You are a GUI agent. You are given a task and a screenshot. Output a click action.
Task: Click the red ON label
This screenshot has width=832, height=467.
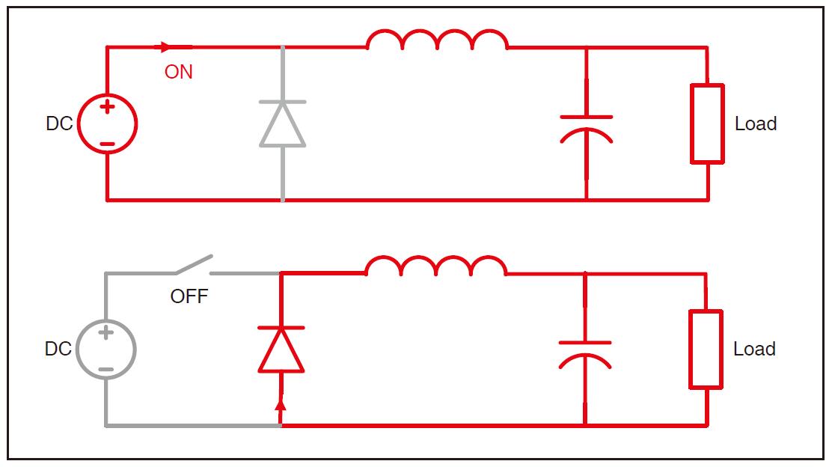coord(179,72)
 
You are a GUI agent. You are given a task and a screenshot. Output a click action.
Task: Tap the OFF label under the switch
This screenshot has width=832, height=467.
coord(189,296)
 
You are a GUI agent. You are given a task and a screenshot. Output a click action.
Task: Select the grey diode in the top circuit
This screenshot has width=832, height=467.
coord(282,123)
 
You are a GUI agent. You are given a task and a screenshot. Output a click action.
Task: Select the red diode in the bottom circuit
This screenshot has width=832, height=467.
coord(281,350)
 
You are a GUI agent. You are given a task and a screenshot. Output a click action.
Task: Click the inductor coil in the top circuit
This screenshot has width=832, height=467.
coord(437,40)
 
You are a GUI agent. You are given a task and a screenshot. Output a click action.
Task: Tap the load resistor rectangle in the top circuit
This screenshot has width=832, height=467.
coord(707,123)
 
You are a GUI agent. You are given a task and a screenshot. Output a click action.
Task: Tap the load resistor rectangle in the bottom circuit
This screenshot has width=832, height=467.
coord(706,350)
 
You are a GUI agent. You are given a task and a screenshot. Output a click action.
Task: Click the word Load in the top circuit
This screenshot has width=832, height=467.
coord(756,123)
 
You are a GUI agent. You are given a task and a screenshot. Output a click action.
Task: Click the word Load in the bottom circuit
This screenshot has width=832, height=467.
coord(754,350)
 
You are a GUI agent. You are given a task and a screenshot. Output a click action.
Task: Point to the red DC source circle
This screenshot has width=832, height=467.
coord(108,124)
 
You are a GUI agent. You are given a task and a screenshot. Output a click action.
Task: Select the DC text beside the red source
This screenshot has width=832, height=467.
coord(59,123)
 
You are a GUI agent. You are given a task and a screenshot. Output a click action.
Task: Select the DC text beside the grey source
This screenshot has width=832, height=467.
coord(58,350)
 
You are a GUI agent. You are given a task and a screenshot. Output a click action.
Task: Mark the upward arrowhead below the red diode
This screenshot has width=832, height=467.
coord(281,405)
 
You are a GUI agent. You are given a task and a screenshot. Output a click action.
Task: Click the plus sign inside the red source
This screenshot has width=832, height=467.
coord(108,108)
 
